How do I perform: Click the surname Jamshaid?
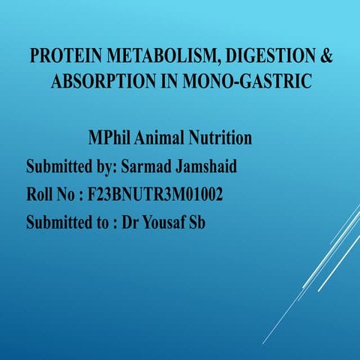pos(232,166)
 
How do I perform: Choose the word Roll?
pos(41,195)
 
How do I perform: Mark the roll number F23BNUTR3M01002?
pos(155,195)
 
